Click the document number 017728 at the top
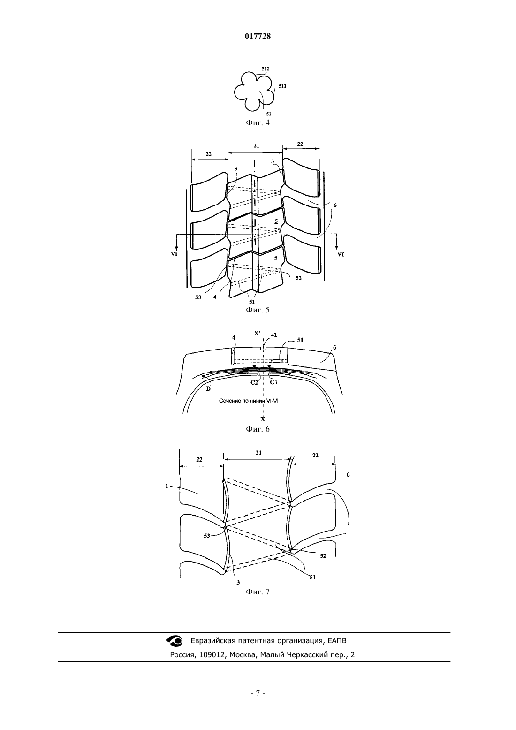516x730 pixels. point(258,37)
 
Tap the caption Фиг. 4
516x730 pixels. point(258,123)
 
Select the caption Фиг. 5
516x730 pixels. point(258,310)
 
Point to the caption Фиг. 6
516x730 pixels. point(258,429)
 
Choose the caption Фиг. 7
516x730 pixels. point(258,592)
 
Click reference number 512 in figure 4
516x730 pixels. point(266,69)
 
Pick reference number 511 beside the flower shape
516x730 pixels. point(282,86)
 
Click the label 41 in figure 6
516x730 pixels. point(274,335)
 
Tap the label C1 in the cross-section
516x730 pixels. point(273,382)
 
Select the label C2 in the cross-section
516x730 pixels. point(254,382)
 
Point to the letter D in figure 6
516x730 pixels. point(208,389)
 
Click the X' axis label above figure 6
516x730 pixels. point(258,333)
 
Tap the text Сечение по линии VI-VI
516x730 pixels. point(249,401)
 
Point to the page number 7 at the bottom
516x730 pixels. point(258,693)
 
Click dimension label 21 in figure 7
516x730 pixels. point(258,453)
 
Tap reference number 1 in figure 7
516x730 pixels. point(167,486)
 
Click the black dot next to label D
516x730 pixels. point(204,376)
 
